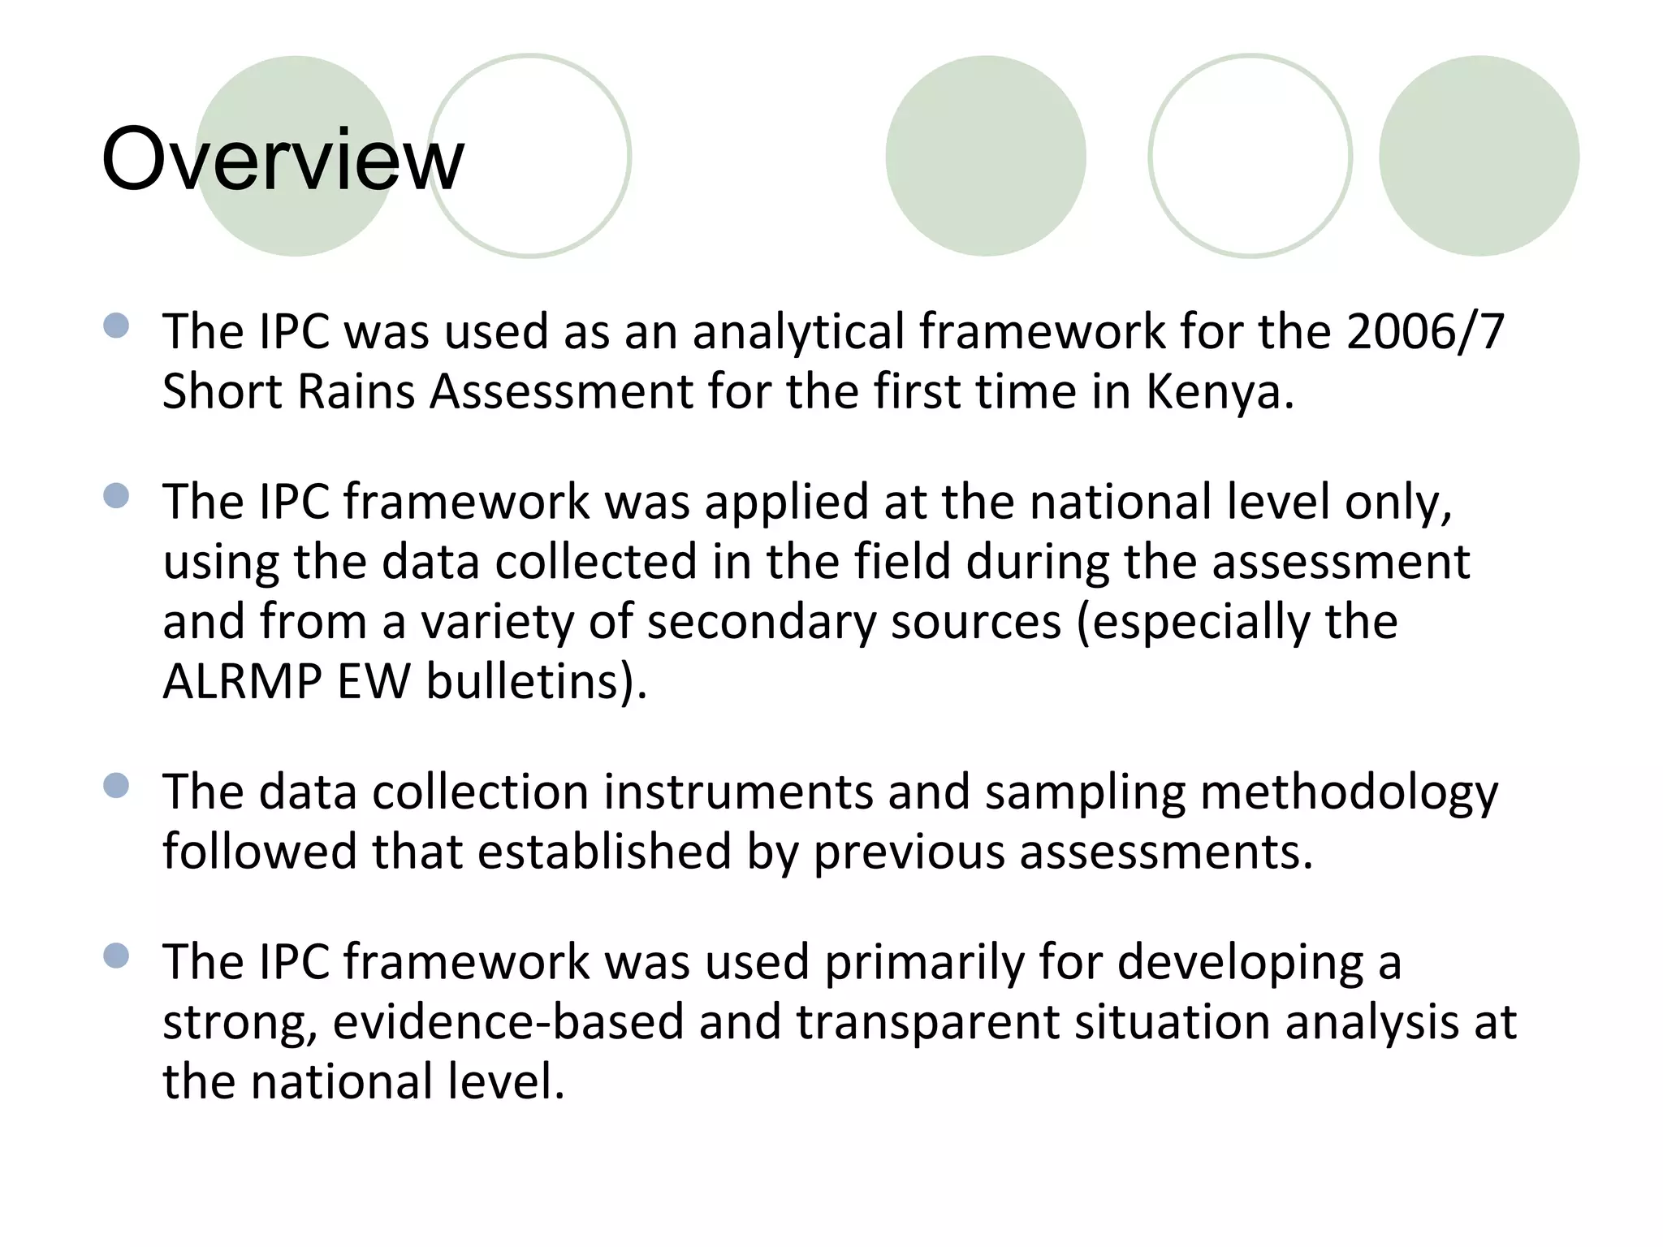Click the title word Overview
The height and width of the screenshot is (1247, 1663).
coord(283,159)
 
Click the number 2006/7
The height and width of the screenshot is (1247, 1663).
coord(1425,332)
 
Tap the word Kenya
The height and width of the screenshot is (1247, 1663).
coord(1219,392)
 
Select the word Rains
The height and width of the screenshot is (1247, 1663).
coord(356,392)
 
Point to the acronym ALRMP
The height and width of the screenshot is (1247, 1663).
coord(242,681)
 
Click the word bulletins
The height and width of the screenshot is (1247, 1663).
coord(536,681)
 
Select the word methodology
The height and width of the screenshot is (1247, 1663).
coord(1349,792)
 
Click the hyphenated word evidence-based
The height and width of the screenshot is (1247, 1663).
coord(508,1022)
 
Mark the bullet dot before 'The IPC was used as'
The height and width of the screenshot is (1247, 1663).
coord(117,326)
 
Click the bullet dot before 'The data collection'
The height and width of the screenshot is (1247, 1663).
coord(117,786)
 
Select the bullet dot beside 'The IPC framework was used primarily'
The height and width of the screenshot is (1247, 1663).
coord(117,956)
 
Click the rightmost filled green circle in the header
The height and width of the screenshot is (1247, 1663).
coord(1479,156)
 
